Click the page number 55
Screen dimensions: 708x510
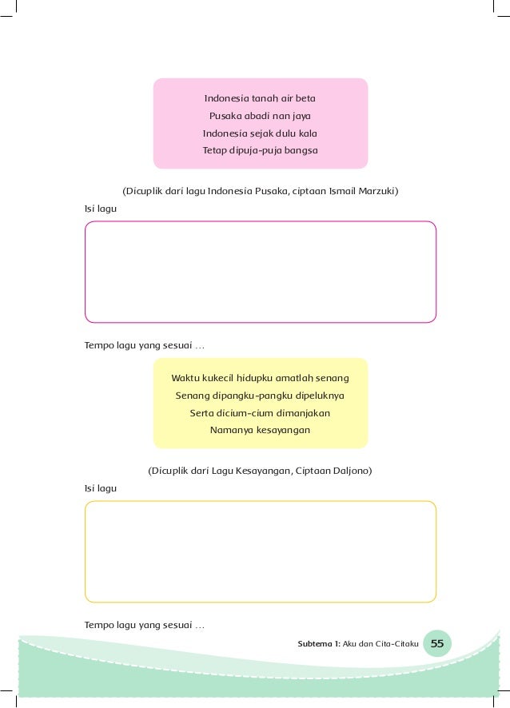[437, 643]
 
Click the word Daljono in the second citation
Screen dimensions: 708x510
[351, 471]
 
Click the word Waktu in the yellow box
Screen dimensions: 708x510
[185, 377]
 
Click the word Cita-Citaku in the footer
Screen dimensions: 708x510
[396, 644]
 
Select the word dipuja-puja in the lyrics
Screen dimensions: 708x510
[255, 149]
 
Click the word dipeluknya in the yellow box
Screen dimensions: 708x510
[321, 396]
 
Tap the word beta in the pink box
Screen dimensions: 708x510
[305, 99]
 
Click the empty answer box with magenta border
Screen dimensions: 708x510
[260, 272]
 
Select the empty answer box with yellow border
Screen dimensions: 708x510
[260, 551]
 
